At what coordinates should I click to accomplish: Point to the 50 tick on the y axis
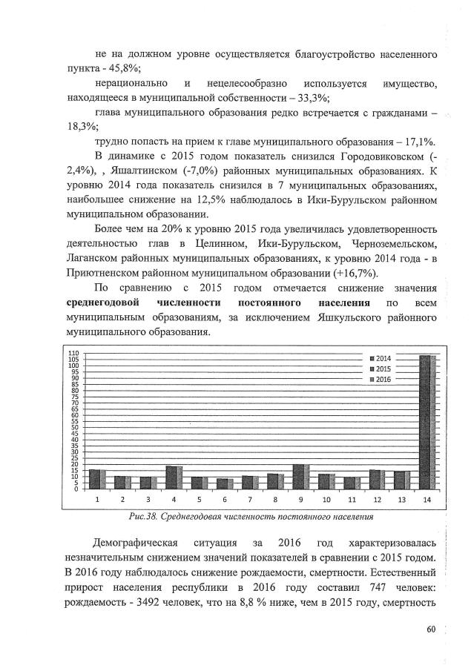pyautogui.click(x=74, y=427)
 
